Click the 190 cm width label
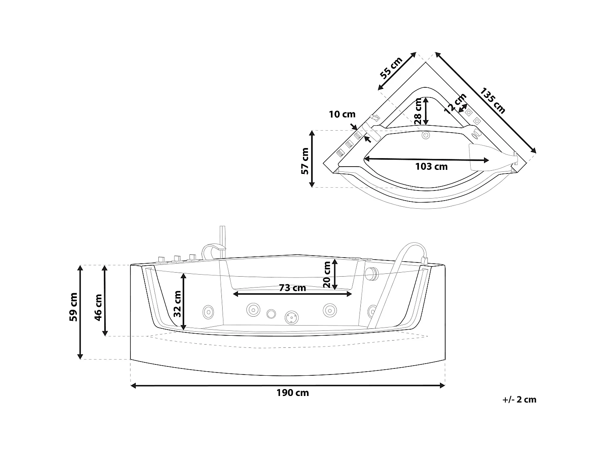292,393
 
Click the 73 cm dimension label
292,288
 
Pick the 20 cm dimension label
327,274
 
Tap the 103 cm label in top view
431,167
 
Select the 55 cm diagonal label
391,68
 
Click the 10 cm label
342,114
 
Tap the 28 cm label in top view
418,111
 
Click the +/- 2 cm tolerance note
520,400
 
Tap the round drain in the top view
425,135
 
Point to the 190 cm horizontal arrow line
288,386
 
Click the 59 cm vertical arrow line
80,312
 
